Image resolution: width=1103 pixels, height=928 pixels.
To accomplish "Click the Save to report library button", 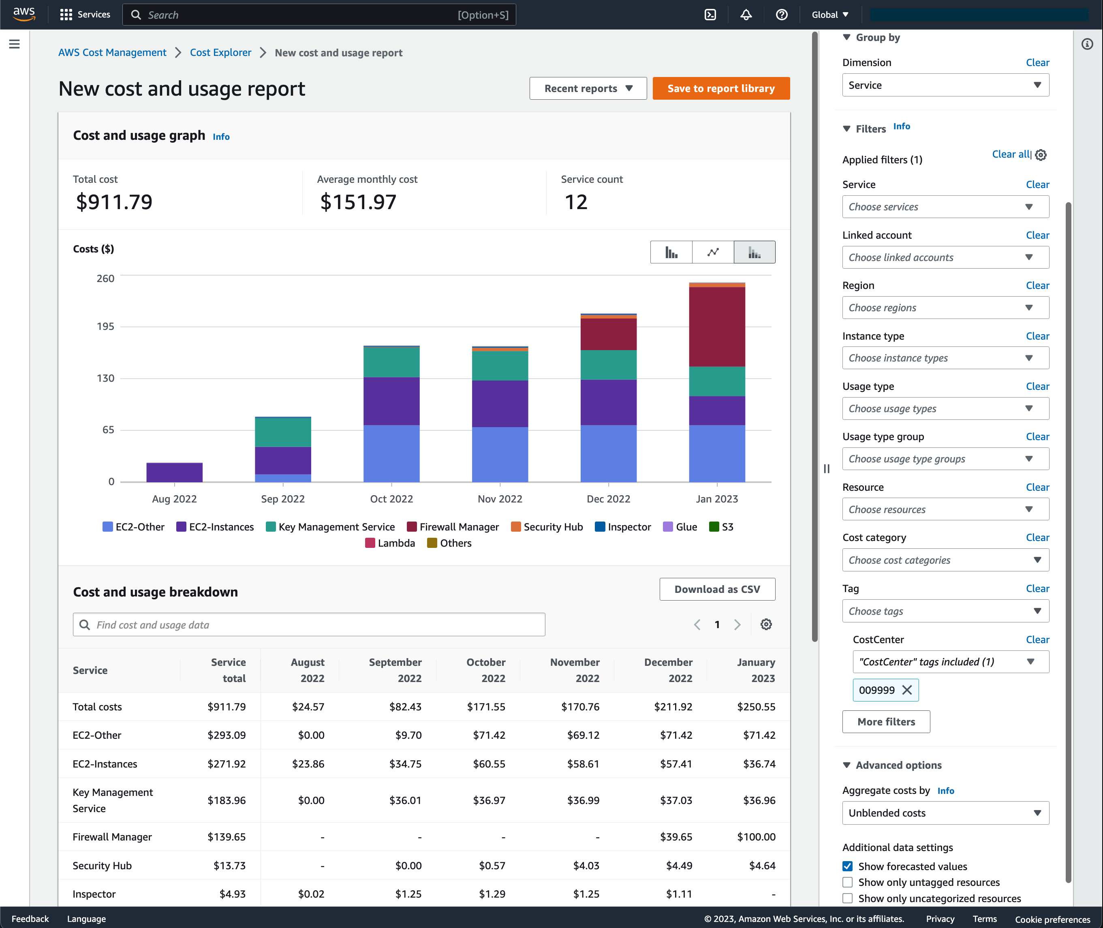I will tap(720, 88).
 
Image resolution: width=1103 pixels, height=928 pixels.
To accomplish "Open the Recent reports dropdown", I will tap(588, 88).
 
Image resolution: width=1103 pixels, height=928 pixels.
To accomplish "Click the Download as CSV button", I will tap(717, 589).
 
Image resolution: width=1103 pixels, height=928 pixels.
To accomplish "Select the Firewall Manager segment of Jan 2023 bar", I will tap(716, 326).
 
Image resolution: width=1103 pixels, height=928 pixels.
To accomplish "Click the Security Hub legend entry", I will tap(547, 526).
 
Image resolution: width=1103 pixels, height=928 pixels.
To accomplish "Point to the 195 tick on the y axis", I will tap(105, 327).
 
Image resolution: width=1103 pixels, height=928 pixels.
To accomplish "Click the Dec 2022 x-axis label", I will tap(608, 499).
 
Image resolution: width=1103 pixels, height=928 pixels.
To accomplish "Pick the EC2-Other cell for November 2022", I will tap(583, 735).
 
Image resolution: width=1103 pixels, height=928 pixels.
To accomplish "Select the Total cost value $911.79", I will tap(114, 202).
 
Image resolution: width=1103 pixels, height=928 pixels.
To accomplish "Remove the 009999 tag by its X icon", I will tap(907, 690).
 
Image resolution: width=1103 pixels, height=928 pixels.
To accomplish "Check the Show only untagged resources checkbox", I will tap(847, 882).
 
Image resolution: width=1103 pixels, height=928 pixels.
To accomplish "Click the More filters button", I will tap(886, 722).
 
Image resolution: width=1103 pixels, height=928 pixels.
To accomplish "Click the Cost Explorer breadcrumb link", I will tap(220, 53).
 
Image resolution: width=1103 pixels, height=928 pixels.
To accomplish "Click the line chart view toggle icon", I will tap(713, 252).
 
